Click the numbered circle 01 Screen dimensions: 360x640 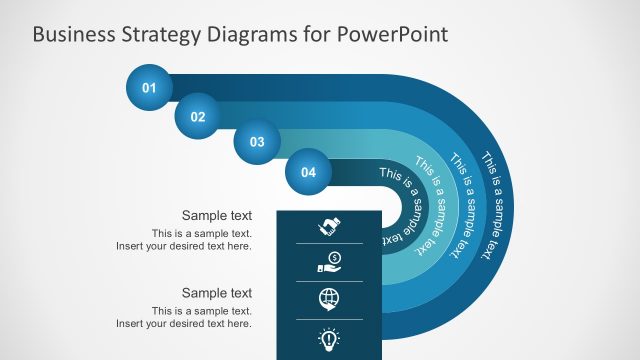149,88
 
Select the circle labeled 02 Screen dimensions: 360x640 198,117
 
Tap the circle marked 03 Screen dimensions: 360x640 257,142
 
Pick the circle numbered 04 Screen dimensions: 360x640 308,172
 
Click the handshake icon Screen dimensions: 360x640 329,227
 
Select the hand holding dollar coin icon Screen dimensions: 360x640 329,262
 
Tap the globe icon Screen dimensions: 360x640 329,298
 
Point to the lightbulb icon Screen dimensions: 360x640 329,338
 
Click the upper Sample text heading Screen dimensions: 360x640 216,215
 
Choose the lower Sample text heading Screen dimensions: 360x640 216,293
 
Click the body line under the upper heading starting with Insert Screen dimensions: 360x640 183,246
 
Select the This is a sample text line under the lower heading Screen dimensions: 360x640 201,311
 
